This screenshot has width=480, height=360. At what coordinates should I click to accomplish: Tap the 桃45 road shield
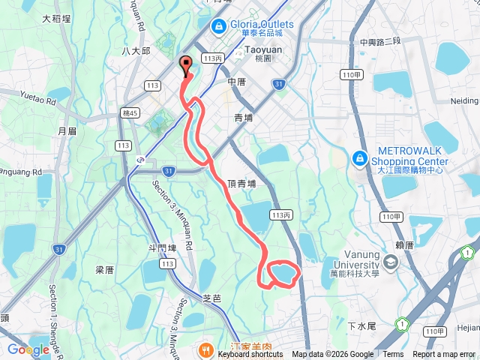130,112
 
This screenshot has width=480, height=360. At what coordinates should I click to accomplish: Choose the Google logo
28,349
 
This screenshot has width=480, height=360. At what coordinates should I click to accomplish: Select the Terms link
393,355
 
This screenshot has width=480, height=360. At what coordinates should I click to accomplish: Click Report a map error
444,355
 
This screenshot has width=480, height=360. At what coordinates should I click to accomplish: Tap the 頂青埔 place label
245,182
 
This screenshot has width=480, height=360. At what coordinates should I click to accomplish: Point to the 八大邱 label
136,51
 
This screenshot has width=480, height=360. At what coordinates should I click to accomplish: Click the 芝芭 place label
212,298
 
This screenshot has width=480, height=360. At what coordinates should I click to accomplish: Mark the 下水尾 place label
362,326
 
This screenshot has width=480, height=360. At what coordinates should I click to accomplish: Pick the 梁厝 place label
104,269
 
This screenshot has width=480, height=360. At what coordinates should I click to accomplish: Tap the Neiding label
464,100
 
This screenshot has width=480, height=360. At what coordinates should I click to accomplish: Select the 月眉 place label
67,130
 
